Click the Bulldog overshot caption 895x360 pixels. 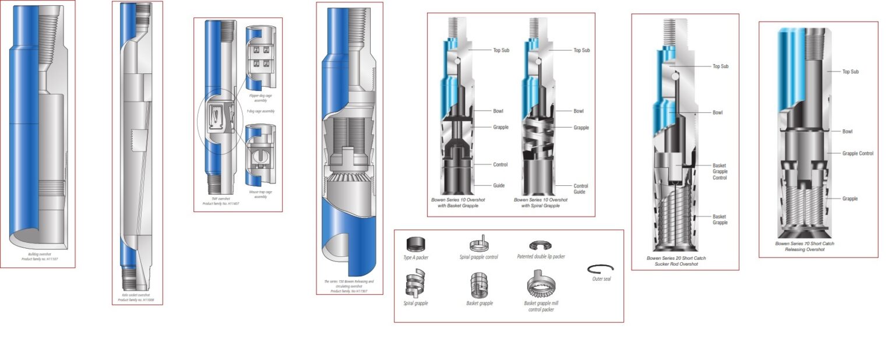pos(37,256)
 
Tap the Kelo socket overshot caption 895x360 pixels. pos(137,297)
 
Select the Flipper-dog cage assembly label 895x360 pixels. pos(260,98)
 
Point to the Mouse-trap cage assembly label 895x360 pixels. pos(260,194)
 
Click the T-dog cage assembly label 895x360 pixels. pos(260,111)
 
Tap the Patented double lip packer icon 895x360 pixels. pos(540,245)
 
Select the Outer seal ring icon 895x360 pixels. pos(601,268)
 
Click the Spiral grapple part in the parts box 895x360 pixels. pos(415,285)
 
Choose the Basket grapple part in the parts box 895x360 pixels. pos(479,285)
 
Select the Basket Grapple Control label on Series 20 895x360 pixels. pos(720,171)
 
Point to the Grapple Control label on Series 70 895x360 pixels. pos(858,154)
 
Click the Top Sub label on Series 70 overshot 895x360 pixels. pos(850,72)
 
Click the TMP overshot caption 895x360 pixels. pos(221,201)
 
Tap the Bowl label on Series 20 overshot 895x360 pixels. pos(717,112)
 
